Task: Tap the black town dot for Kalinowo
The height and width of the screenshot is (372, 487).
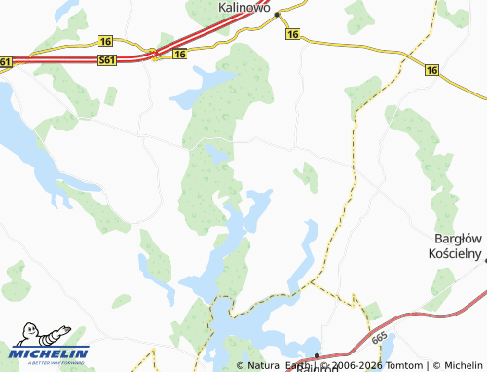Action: point(277,15)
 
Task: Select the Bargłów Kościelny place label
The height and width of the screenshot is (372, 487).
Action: point(457,245)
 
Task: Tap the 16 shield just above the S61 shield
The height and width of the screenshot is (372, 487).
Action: point(105,41)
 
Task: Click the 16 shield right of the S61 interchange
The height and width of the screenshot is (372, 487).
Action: point(179,55)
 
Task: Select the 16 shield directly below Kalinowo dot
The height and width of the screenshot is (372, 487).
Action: point(292,34)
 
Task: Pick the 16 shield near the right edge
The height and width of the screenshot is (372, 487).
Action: point(431,69)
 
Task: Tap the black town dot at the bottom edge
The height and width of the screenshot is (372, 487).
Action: point(317,355)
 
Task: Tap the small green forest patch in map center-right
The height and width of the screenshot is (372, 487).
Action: point(307,176)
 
